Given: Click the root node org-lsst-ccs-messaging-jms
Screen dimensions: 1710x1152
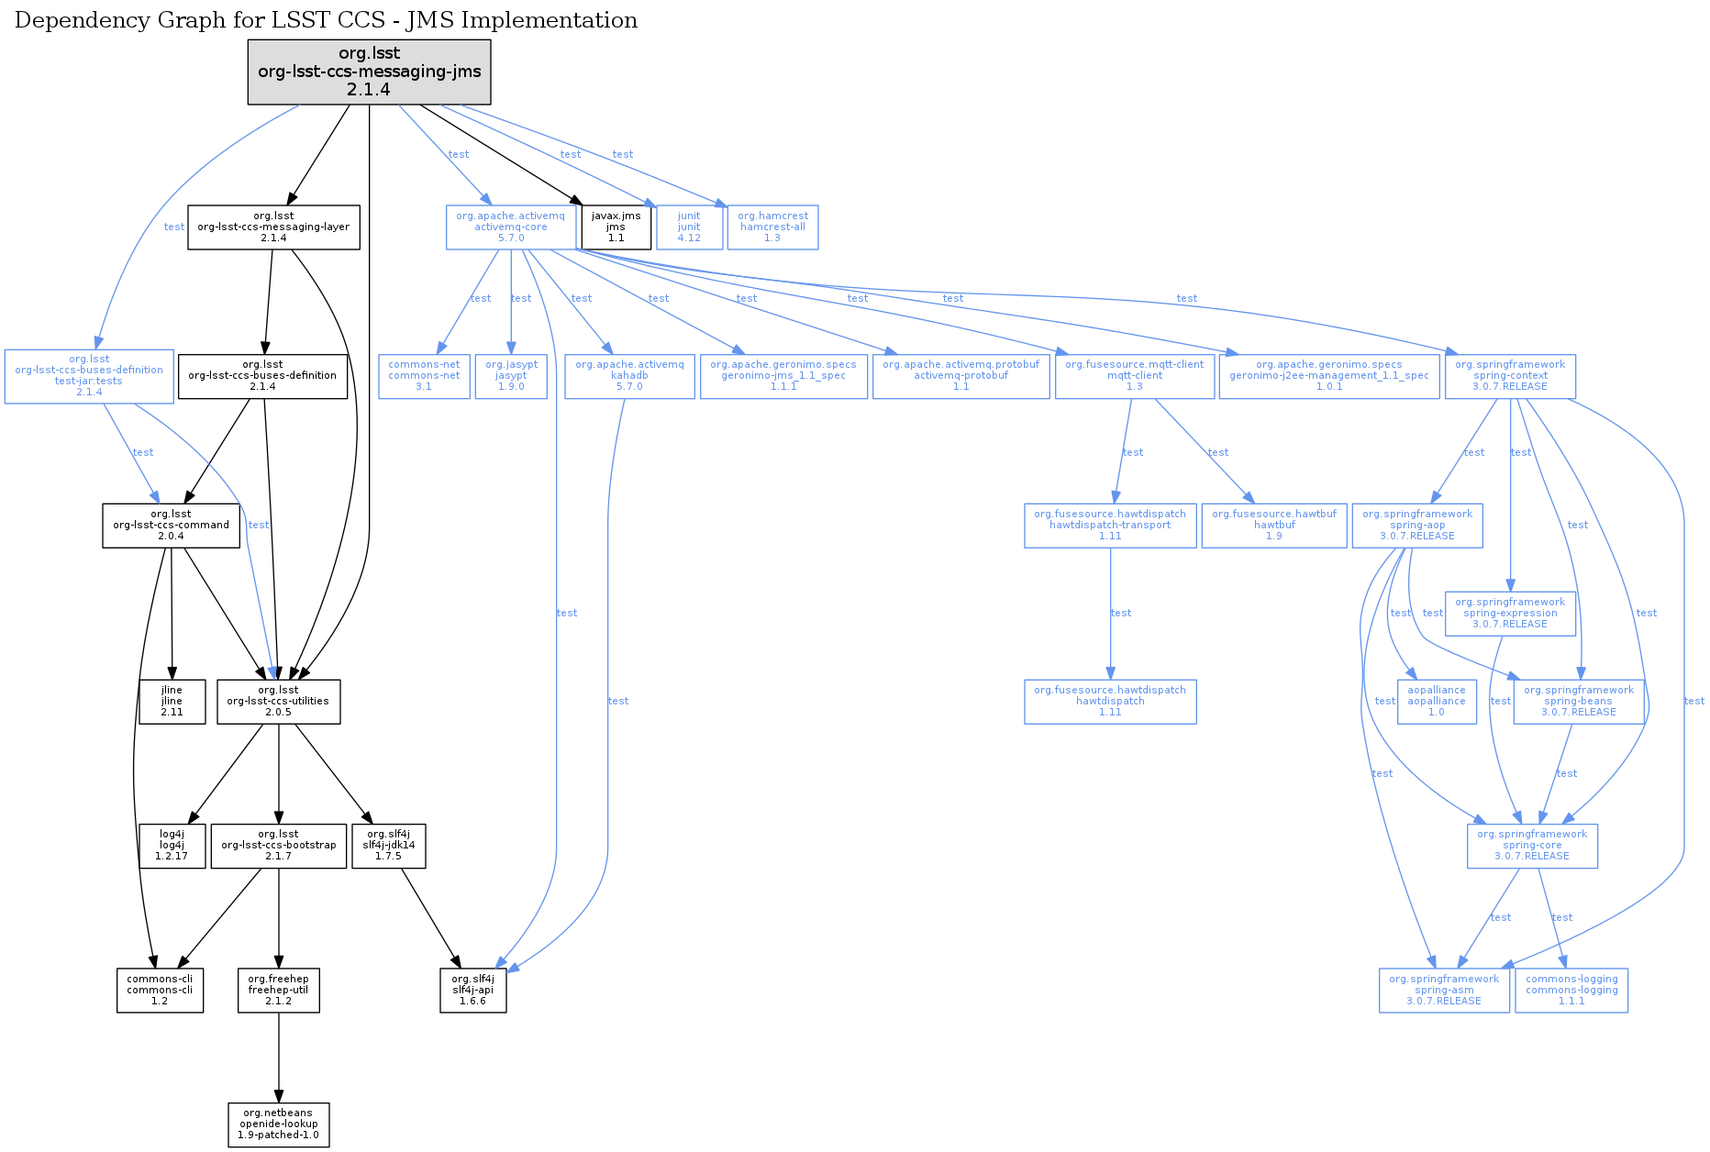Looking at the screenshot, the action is click(x=369, y=72).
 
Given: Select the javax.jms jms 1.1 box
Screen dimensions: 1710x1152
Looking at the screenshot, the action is click(x=616, y=227).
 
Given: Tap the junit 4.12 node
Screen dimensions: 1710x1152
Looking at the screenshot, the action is click(x=689, y=227).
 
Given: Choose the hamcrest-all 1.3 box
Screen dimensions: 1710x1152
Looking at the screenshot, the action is click(x=772, y=227).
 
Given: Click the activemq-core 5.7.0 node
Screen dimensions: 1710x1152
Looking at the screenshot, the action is click(x=511, y=227).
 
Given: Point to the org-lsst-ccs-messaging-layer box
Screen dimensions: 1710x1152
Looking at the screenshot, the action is click(x=273, y=227).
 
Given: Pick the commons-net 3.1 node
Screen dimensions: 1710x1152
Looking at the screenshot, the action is click(x=424, y=376).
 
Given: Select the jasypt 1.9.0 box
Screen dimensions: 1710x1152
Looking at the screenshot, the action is click(x=511, y=376).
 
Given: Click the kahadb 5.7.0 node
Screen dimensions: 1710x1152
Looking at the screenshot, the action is click(x=629, y=376).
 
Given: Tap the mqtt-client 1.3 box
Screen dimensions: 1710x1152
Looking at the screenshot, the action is click(x=1135, y=376).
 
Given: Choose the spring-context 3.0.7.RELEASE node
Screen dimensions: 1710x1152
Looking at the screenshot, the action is click(x=1510, y=376).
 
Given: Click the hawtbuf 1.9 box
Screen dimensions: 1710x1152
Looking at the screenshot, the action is click(x=1274, y=526).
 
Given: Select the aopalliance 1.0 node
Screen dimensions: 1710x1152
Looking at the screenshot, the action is click(x=1437, y=702).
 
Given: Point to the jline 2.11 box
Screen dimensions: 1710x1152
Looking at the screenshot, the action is click(x=172, y=702).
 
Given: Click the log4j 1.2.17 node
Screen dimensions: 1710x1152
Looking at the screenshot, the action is click(x=172, y=846).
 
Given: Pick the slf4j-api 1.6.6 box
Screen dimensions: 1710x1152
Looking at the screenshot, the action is click(x=472, y=991).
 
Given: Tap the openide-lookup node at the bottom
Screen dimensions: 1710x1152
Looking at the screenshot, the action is click(x=278, y=1124).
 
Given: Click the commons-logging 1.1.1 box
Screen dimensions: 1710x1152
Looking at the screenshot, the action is click(x=1571, y=991).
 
